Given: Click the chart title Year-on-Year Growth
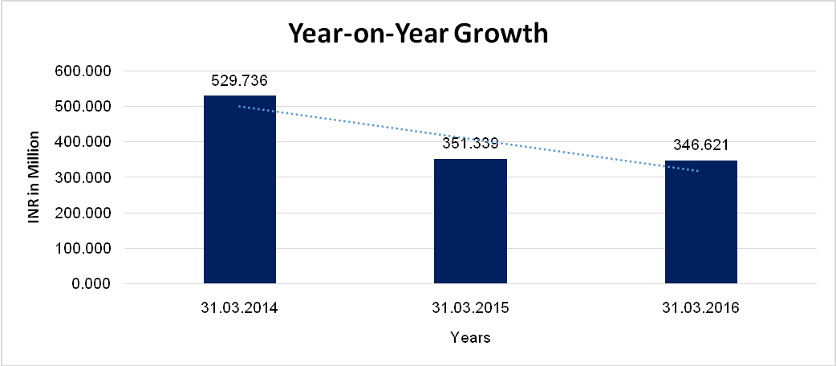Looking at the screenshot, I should pos(418,34).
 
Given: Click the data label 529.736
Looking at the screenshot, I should pos(239,81).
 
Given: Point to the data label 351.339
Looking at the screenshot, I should pos(470,144).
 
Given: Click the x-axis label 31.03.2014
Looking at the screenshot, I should pos(239,308).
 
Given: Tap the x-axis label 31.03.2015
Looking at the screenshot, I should pos(470,308).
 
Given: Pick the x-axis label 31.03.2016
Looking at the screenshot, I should pos(700,308).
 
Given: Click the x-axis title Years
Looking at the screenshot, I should pos(470,338).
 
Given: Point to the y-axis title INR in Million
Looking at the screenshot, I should pos(34,177).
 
